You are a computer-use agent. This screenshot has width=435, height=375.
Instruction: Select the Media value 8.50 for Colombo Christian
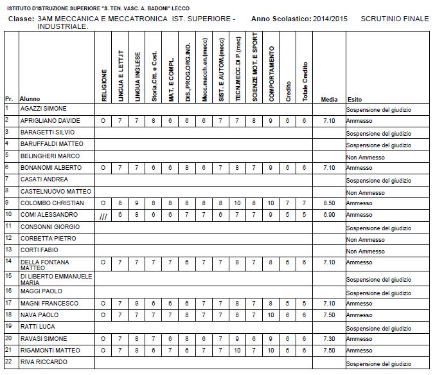click(x=329, y=203)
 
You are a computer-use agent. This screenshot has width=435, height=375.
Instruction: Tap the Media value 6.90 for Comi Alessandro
click(x=329, y=214)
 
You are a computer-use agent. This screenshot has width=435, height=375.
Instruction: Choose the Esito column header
click(x=355, y=99)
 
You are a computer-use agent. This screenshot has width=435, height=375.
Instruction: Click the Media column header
click(x=329, y=99)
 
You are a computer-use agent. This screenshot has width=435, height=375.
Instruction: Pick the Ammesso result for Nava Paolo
click(x=360, y=315)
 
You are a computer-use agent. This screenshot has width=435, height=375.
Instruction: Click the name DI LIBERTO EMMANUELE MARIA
click(x=57, y=279)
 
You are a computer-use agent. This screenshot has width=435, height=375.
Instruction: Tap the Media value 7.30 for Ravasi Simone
click(x=329, y=338)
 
